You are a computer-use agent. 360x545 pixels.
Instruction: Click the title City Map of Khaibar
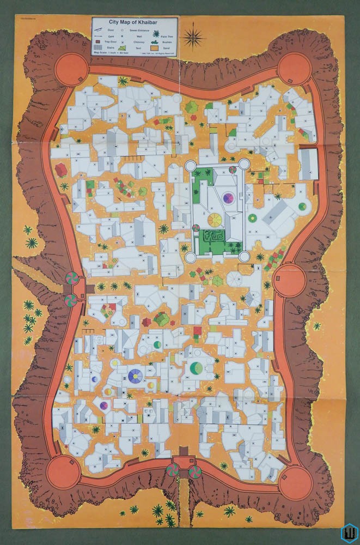[133, 21]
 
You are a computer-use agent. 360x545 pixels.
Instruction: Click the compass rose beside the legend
[193, 38]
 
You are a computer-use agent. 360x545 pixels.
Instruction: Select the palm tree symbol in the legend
[156, 33]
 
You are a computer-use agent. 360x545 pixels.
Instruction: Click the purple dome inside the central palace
[228, 197]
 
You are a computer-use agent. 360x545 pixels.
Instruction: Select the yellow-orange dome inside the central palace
[215, 220]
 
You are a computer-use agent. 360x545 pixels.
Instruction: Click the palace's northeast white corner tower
[244, 164]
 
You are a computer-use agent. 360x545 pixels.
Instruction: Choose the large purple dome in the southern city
[136, 374]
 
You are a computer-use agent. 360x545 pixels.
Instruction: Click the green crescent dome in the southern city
[196, 369]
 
